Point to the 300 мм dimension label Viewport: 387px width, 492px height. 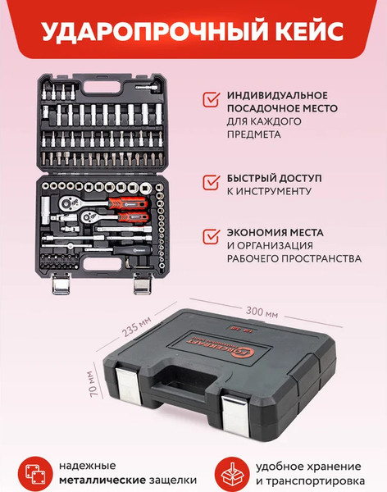(261, 313)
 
